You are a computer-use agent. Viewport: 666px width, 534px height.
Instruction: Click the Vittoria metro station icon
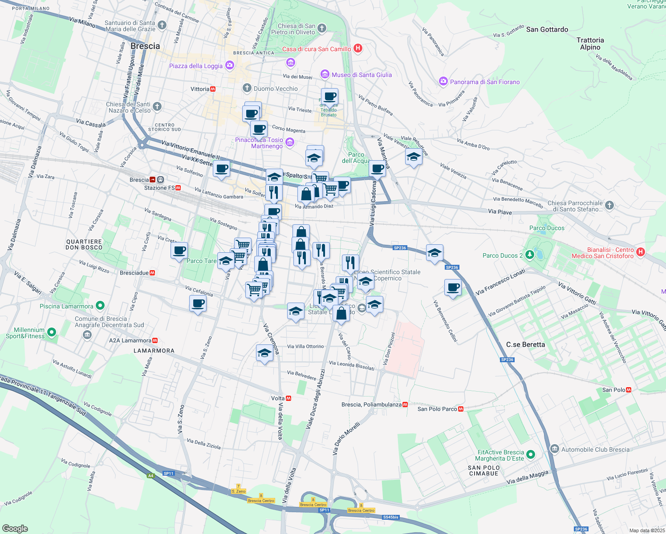[x=213, y=89]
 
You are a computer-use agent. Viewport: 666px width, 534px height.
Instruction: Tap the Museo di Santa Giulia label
[x=361, y=75]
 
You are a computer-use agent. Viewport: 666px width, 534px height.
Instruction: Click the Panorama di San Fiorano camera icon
[x=443, y=81]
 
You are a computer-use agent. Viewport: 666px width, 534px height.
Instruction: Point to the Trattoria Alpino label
[x=590, y=44]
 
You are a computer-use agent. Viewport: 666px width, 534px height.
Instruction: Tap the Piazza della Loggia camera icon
[x=229, y=66]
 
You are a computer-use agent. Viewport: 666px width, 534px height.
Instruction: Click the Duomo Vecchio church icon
[x=247, y=88]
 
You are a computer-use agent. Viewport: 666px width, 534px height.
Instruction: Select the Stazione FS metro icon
[x=178, y=188]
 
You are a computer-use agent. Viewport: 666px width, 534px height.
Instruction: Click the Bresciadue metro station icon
[x=152, y=273]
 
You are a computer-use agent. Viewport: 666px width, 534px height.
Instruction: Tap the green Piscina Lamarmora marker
[x=100, y=306]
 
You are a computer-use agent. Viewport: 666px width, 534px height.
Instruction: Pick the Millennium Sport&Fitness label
[x=29, y=333]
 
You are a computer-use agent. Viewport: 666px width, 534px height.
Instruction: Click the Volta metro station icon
[x=288, y=398]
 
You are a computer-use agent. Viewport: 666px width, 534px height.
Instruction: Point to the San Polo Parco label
[x=437, y=409]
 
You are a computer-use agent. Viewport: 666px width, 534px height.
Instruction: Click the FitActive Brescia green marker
[x=530, y=455]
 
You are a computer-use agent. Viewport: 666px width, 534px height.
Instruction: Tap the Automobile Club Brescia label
[x=595, y=449]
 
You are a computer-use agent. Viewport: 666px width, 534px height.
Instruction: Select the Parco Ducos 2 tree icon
[x=529, y=255]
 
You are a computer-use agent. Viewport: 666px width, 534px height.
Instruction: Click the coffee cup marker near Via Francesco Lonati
[x=453, y=287]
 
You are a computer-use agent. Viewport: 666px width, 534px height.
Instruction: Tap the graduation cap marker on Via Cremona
[x=264, y=353]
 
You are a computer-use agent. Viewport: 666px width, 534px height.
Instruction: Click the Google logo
[x=15, y=528]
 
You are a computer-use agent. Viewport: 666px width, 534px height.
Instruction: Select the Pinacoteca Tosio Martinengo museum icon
[x=290, y=142]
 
